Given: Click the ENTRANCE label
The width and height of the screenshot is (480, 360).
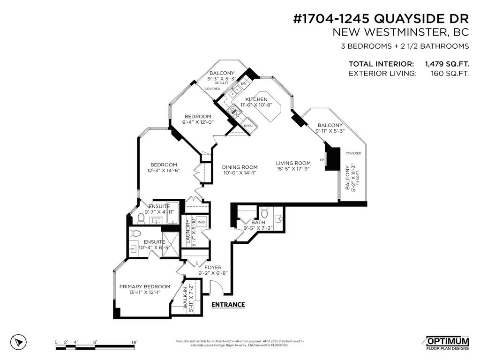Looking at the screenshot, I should coord(228,305).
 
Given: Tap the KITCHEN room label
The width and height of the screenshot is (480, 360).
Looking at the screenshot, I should coord(256,99).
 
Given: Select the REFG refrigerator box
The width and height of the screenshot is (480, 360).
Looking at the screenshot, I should coord(248,126).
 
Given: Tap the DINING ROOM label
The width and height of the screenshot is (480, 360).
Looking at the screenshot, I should coord(240,167).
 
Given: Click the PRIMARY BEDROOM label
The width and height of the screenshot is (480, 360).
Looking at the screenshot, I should coord(144,286).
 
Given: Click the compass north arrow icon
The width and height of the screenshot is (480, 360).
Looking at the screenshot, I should coord(18,342).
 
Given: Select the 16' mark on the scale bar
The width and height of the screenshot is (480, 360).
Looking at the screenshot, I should coord(134,343).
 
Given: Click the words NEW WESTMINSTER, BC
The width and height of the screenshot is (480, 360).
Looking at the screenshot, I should coord(400,32).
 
